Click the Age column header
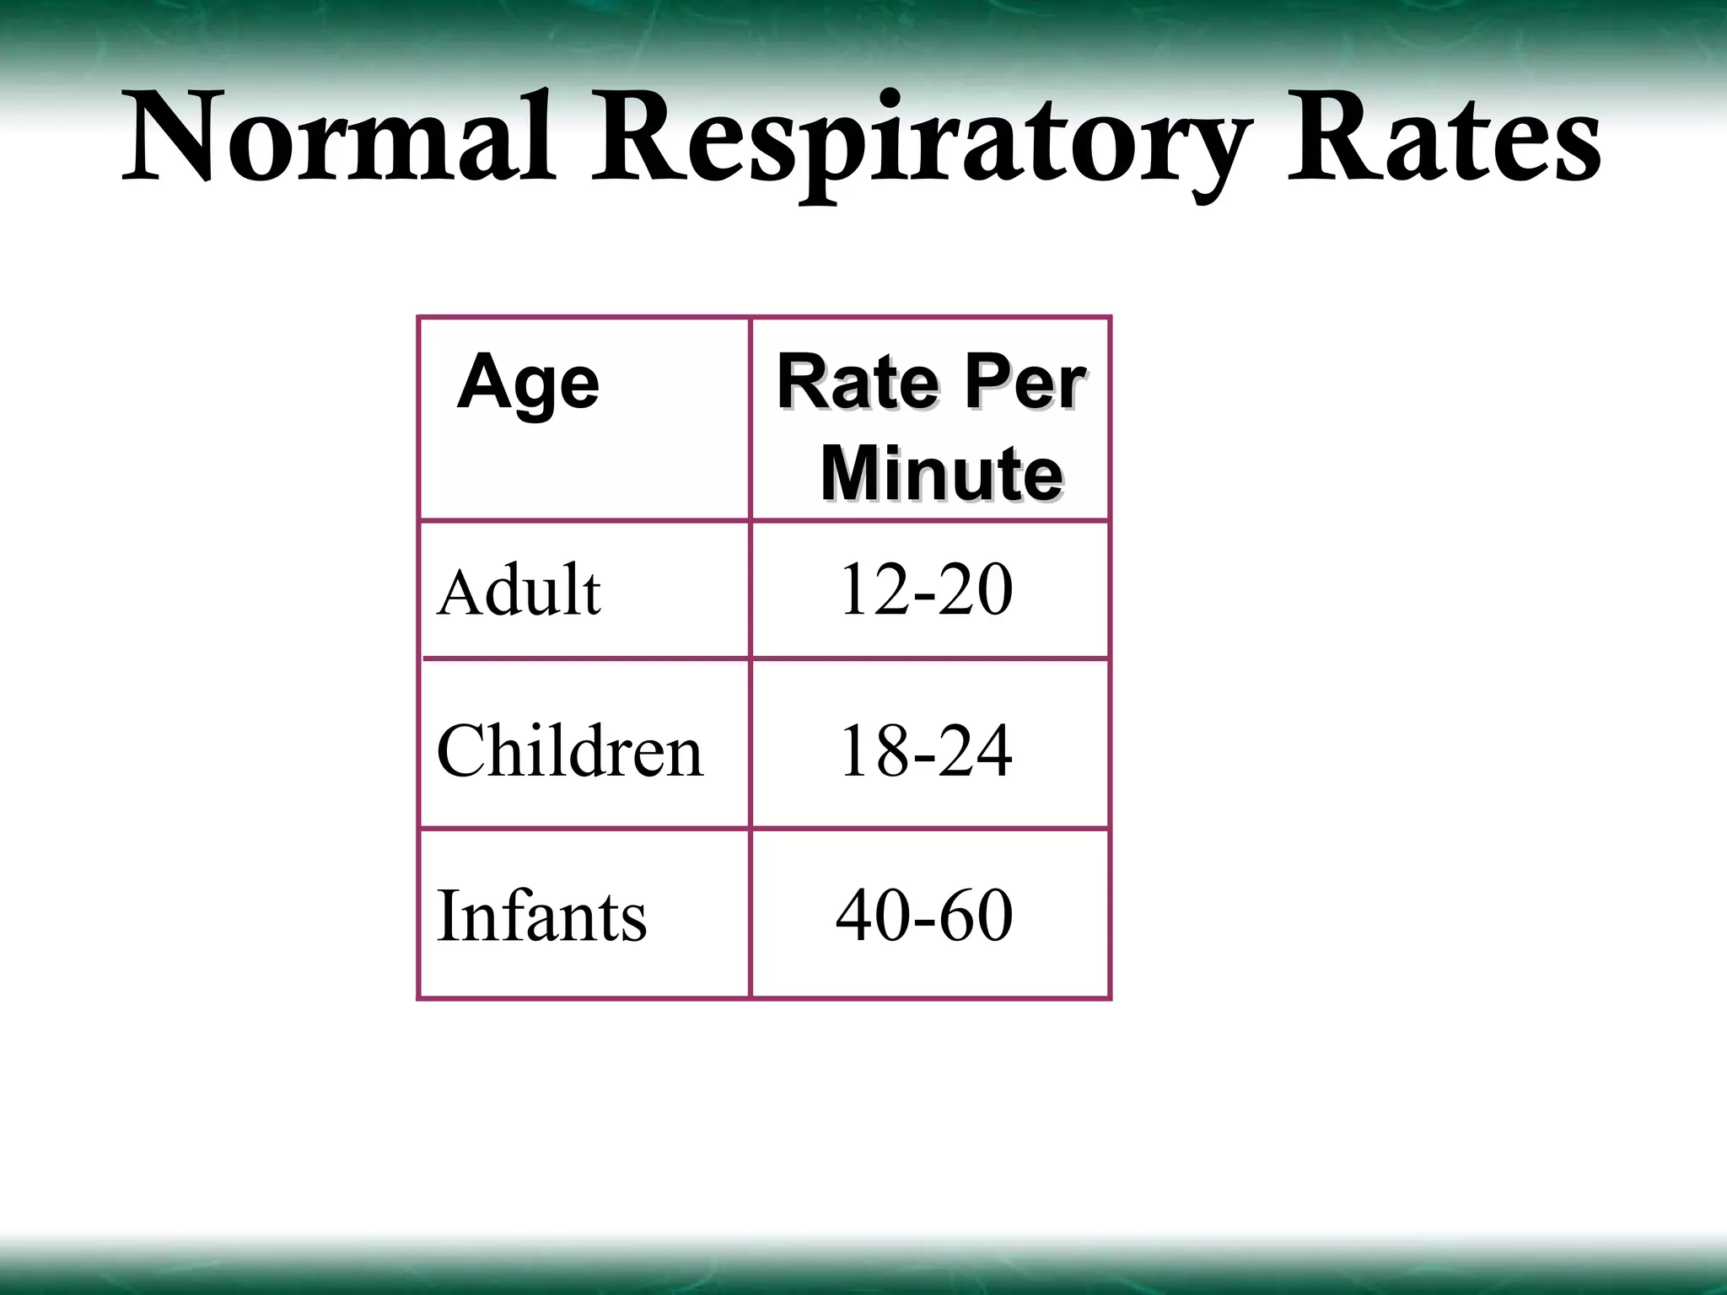(529, 383)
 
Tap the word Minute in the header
(941, 474)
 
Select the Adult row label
(519, 591)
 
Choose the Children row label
(569, 750)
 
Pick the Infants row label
(541, 916)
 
